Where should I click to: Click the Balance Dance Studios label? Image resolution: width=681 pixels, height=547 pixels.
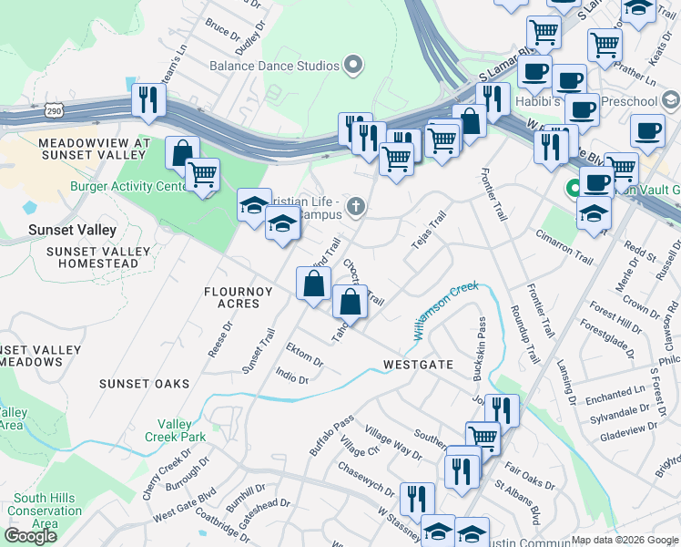(274, 66)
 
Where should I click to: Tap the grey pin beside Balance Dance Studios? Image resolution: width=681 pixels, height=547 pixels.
(354, 65)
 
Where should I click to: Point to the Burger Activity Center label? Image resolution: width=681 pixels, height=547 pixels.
(128, 187)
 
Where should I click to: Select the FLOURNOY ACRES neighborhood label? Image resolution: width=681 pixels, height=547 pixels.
(233, 298)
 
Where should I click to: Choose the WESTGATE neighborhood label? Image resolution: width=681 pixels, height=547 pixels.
(418, 364)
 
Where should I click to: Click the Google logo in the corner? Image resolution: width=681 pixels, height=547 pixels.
(30, 535)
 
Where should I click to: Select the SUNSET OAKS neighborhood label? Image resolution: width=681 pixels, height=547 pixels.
(145, 384)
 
